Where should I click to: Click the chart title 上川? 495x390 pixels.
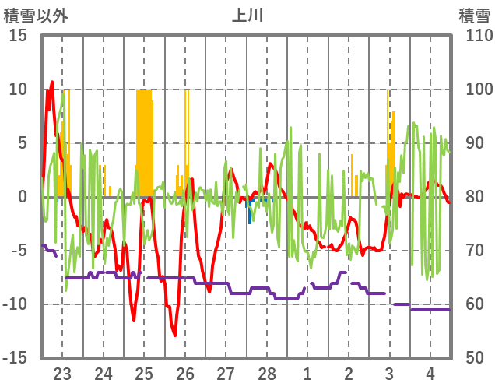tap(247, 16)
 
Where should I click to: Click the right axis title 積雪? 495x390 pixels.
tap(473, 16)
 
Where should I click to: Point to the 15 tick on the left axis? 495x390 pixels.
tap(18, 36)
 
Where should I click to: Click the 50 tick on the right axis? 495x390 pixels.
tap(475, 358)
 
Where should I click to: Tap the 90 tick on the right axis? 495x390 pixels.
tap(475, 143)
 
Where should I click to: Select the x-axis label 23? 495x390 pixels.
tap(62, 372)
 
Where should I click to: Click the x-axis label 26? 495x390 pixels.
tap(185, 372)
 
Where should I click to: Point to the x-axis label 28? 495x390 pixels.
tap(267, 372)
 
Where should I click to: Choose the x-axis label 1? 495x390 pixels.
tap(307, 372)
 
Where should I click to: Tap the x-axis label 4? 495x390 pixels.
tap(430, 372)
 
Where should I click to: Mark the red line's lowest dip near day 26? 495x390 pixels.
tap(175, 335)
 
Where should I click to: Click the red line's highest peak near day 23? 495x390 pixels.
tap(52, 83)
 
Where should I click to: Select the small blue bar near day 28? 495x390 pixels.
tap(250, 213)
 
